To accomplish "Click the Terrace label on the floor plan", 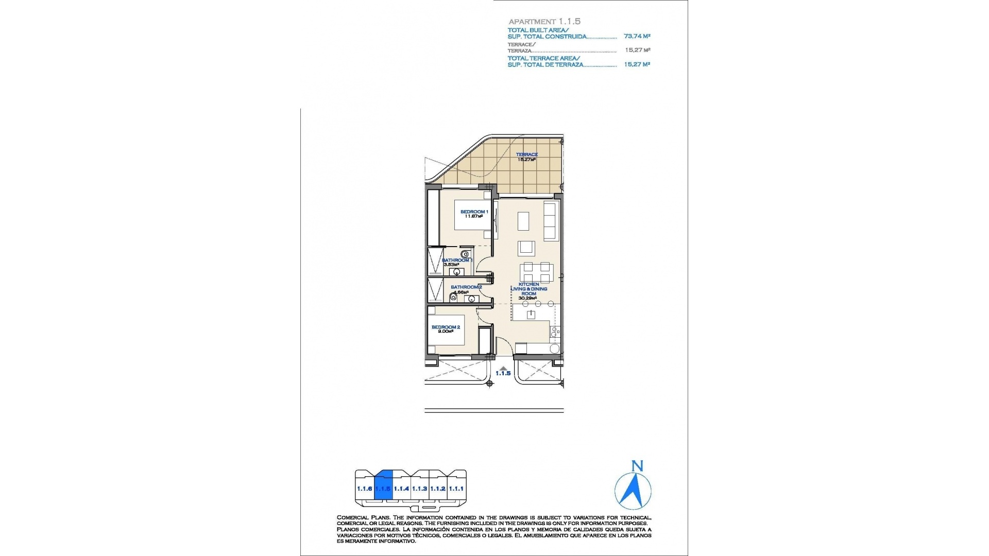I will (x=527, y=154).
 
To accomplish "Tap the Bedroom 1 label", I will (x=474, y=212).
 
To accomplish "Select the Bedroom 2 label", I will (x=446, y=327).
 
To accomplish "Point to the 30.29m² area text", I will (x=528, y=298).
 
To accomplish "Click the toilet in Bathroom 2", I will (x=453, y=297).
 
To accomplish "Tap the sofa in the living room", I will (x=551, y=221).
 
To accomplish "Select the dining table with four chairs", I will (x=536, y=271).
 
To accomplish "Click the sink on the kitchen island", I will (x=529, y=315).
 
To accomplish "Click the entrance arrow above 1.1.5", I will (x=503, y=368).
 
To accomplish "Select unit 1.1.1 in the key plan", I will (x=456, y=488).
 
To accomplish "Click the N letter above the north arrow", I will (x=637, y=466).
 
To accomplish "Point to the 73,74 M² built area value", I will (x=637, y=37).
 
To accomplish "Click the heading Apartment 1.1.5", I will (x=544, y=22).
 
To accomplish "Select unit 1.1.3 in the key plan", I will (x=420, y=488).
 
